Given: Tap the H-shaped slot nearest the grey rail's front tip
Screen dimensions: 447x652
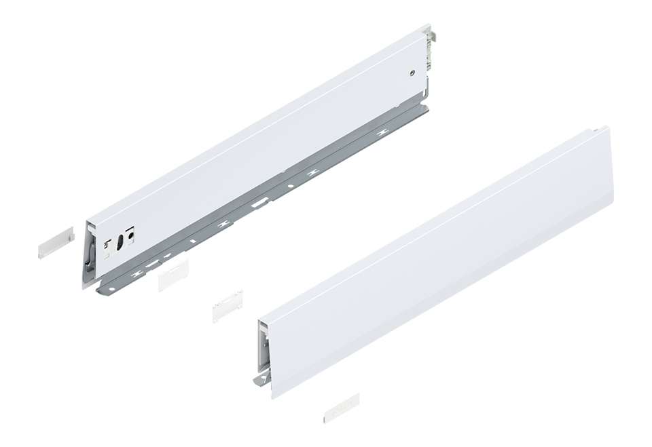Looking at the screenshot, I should [141, 272].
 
